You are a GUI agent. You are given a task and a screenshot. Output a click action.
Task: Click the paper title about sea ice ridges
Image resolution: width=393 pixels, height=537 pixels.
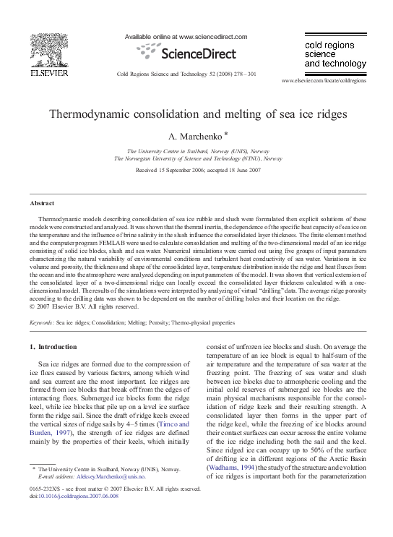196,114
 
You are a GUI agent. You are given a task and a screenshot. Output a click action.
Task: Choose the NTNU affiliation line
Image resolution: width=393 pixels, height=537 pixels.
196,158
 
